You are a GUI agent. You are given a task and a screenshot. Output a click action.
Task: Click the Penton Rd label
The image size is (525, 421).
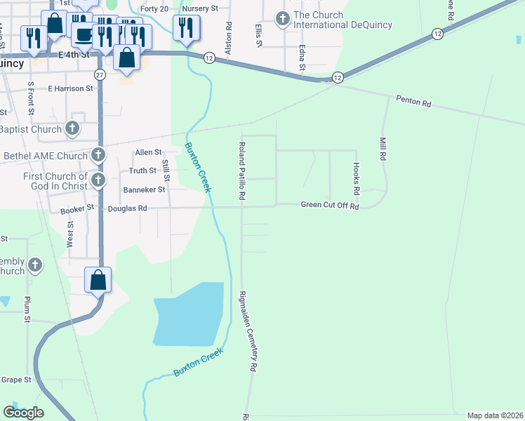tap(413, 102)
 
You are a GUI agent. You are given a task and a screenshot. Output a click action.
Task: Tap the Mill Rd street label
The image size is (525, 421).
tap(383, 149)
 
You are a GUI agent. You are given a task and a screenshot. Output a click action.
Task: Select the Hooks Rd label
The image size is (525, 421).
tap(357, 179)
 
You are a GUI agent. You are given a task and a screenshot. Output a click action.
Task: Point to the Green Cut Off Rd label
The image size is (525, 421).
tap(330, 206)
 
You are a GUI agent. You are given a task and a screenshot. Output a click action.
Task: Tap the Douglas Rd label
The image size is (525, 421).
tap(127, 208)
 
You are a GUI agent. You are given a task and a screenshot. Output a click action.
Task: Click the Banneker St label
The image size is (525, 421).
tap(144, 189)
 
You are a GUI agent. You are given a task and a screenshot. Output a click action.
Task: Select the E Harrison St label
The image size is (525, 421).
tap(70, 89)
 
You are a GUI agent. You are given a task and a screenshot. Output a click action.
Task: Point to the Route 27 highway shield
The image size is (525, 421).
tap(100, 74)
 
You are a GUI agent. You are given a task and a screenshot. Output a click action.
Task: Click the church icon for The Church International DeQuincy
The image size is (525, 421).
tap(284, 19)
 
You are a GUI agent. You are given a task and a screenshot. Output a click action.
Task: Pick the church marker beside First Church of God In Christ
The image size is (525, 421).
tap(98, 181)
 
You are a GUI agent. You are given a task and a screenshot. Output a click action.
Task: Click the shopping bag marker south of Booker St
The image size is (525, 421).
tap(98, 279)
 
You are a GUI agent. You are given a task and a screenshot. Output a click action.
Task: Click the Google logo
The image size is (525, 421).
tap(23, 413)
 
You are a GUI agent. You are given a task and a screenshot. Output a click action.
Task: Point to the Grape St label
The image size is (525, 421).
tap(17, 380)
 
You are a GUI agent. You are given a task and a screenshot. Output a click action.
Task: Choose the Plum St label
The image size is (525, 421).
tap(27, 309)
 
